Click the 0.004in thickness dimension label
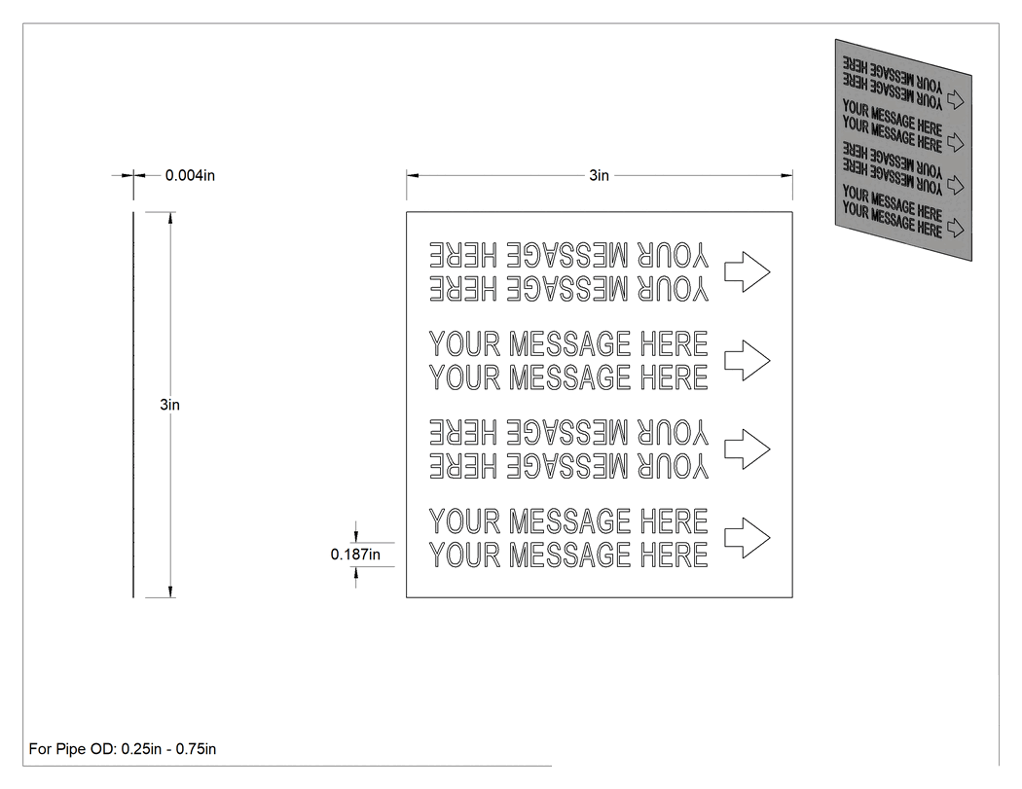[x=190, y=175]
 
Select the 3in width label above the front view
[x=599, y=175]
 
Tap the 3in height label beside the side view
[x=169, y=405]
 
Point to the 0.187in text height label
[x=355, y=555]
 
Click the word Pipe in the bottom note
[x=69, y=749]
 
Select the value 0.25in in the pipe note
[x=141, y=749]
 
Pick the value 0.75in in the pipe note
[x=196, y=749]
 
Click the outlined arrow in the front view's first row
[x=748, y=271]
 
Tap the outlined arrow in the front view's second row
[x=748, y=360]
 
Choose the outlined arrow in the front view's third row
[x=748, y=448]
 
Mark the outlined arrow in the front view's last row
[x=748, y=537]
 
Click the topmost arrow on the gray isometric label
[x=955, y=99]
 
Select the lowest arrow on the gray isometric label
[x=955, y=228]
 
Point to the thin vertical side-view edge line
[x=133, y=405]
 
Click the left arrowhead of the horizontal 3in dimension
[x=413, y=175]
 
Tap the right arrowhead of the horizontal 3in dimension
[x=786, y=175]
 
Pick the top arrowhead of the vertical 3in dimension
[x=170, y=218]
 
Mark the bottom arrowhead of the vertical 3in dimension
[x=170, y=592]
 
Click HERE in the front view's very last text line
[x=674, y=555]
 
